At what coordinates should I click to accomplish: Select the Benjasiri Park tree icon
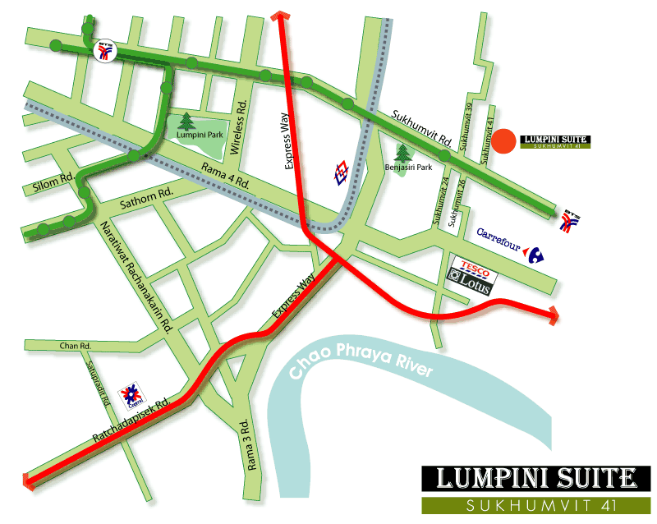coord(402,154)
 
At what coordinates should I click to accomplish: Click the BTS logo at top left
coord(105,53)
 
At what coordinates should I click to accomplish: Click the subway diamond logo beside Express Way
coord(342,173)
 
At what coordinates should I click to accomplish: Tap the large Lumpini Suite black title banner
coord(535,477)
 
